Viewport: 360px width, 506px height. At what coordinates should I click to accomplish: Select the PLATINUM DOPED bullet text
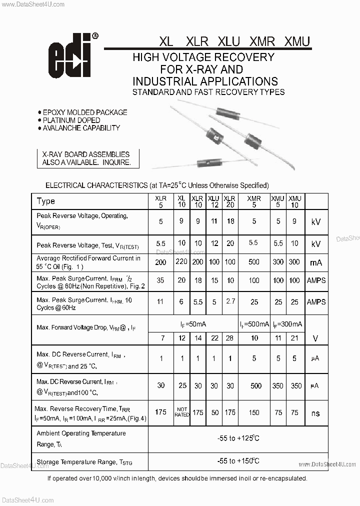click(x=71, y=120)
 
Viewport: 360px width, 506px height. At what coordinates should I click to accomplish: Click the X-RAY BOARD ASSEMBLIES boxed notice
click(x=86, y=158)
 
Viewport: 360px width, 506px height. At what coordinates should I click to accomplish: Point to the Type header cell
click(x=46, y=201)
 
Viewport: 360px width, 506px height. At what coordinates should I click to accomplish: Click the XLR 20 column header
click(x=229, y=201)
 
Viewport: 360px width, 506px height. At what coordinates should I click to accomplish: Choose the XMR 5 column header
click(x=254, y=201)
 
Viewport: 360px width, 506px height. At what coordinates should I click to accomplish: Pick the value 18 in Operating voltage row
click(x=230, y=220)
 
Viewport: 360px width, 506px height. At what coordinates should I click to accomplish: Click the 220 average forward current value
click(x=181, y=261)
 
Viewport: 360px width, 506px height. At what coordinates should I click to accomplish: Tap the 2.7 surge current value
click(x=230, y=301)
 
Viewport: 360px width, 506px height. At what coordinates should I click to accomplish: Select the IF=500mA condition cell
click(x=254, y=324)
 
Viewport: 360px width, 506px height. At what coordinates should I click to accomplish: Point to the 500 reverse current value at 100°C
click(x=255, y=385)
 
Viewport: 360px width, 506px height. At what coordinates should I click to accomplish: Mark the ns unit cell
click(x=315, y=413)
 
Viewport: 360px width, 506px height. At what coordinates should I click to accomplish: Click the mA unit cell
click(x=316, y=262)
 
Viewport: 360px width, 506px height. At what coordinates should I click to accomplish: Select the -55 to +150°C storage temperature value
click(x=238, y=461)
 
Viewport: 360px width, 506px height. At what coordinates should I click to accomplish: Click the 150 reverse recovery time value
click(x=254, y=412)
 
